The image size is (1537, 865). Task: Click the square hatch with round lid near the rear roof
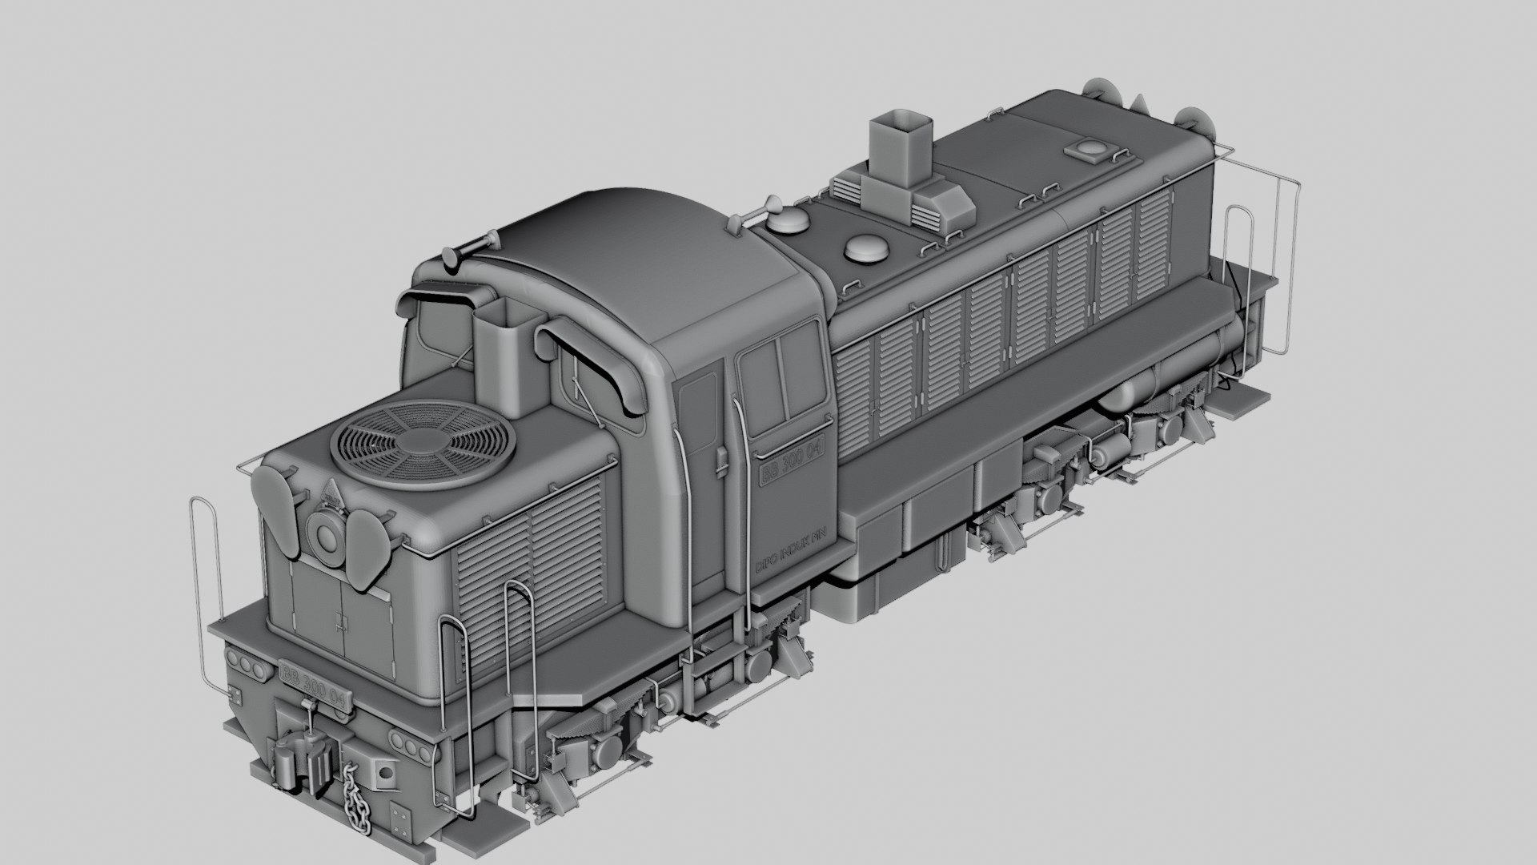[1088, 149]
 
